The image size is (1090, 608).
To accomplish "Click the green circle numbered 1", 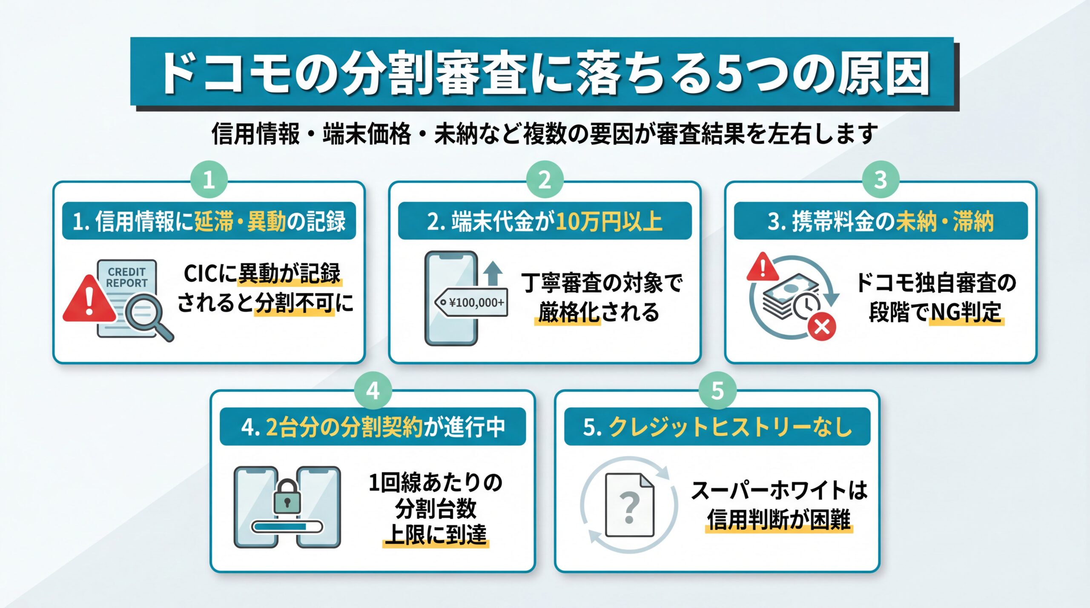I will [209, 180].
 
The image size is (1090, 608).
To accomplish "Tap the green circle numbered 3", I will [881, 180].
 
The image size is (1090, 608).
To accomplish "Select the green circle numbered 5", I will [717, 391].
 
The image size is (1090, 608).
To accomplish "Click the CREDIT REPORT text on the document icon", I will [127, 277].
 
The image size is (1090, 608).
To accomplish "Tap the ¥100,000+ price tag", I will [472, 303].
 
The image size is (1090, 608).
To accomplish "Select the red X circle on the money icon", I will [822, 327].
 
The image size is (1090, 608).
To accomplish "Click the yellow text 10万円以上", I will [609, 221].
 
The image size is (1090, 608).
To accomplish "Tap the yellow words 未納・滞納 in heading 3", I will [944, 221].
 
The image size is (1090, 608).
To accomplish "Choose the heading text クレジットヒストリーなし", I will [730, 427].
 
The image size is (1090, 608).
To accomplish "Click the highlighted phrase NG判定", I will [966, 313].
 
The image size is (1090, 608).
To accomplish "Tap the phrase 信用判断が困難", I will [779, 520].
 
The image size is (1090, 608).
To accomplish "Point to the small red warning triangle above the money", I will [762, 267].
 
